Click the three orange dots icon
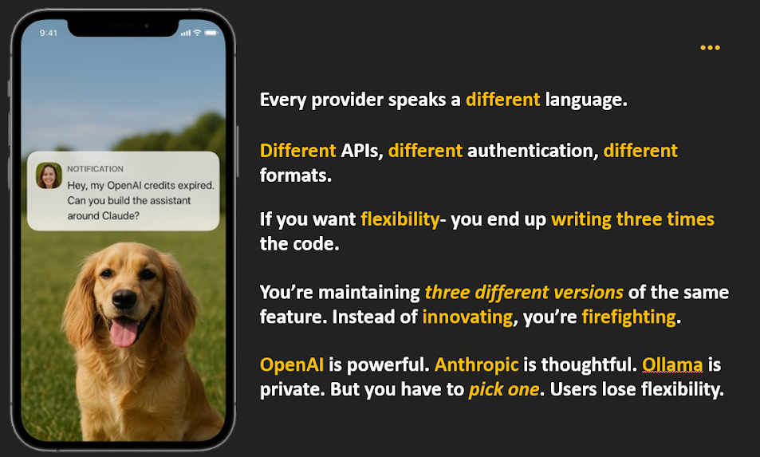(x=710, y=48)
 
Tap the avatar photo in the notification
(x=49, y=176)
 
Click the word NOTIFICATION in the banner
(x=95, y=169)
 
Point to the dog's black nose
(x=124, y=299)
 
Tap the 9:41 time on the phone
(x=49, y=33)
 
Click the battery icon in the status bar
(x=211, y=33)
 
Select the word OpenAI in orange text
(x=292, y=365)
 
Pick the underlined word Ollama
(x=672, y=365)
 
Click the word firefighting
(x=628, y=317)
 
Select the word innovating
(x=467, y=317)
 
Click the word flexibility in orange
(x=400, y=219)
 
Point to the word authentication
(x=530, y=150)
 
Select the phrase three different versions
(x=524, y=292)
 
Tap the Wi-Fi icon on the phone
(x=197, y=33)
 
